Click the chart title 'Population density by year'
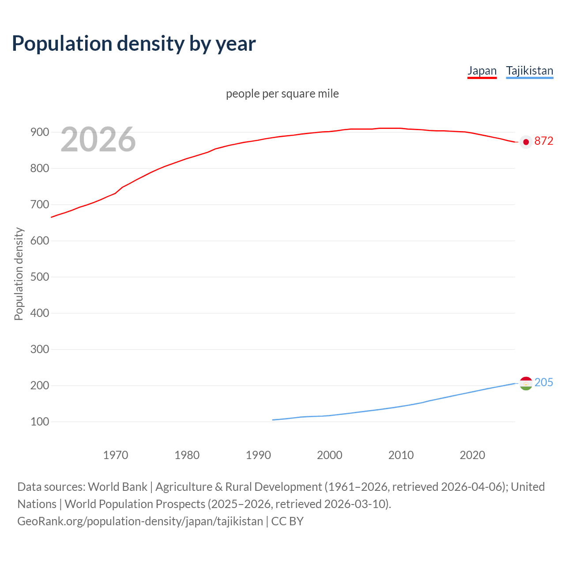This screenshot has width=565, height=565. click(134, 43)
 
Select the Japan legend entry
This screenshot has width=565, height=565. click(482, 71)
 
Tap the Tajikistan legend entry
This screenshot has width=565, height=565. click(529, 71)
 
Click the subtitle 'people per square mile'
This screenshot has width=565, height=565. click(282, 94)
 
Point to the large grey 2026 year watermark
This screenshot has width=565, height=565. click(98, 139)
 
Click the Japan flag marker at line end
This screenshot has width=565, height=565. click(526, 142)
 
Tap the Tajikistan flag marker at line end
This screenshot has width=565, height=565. click(526, 383)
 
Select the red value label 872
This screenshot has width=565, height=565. click(543, 141)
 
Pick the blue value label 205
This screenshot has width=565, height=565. click(543, 382)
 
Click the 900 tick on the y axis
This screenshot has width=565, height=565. click(40, 132)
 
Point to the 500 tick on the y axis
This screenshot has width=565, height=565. click(40, 277)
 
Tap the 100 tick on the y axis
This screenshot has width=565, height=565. click(40, 422)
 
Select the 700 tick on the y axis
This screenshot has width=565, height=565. click(40, 205)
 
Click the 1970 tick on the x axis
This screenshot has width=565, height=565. click(116, 455)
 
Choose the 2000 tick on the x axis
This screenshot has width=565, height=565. click(330, 455)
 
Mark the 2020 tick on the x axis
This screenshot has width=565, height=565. click(472, 455)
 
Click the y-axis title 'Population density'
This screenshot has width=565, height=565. click(19, 274)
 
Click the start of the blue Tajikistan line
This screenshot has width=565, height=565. click(273, 420)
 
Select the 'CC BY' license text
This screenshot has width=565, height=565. click(287, 521)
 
